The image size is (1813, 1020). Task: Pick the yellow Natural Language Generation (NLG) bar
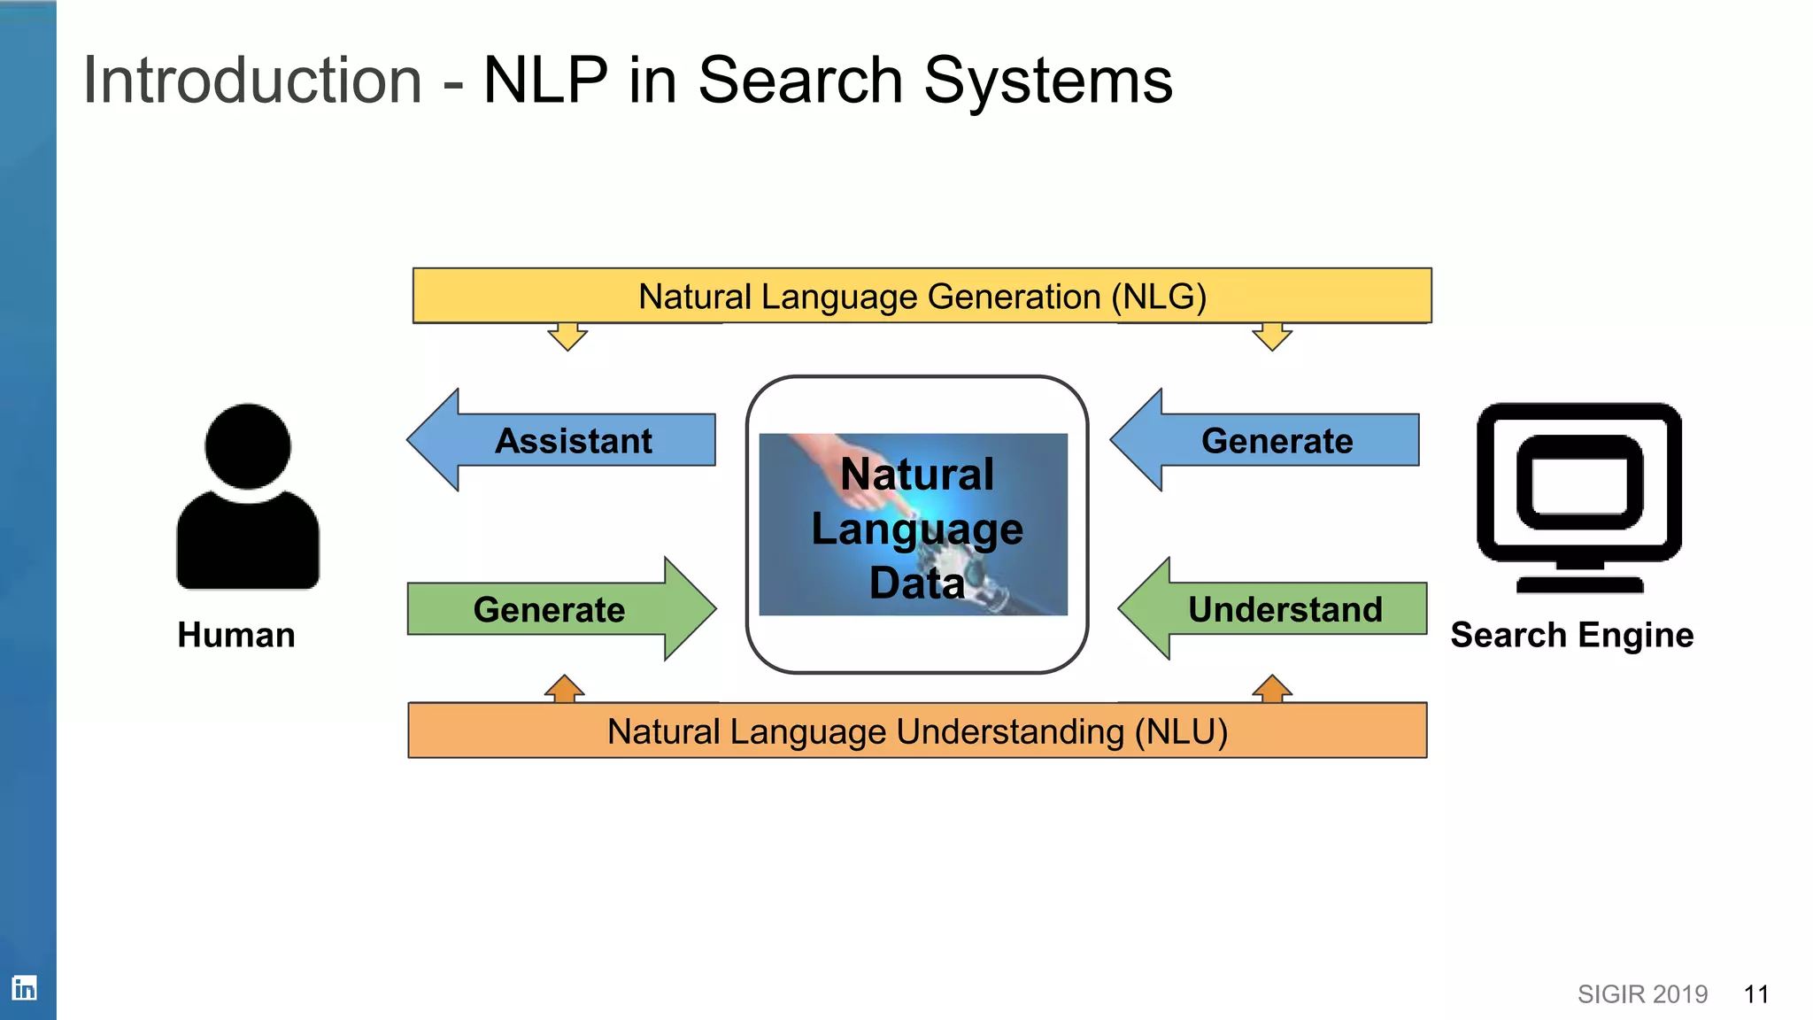coord(922,296)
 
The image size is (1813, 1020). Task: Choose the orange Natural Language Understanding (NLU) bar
coord(917,731)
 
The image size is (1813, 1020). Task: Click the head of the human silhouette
coord(248,445)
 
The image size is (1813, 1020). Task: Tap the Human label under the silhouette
coord(235,635)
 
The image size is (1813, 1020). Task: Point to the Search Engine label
coord(1571,635)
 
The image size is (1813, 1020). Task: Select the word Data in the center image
coord(916,583)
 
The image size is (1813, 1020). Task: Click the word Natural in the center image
coord(917,474)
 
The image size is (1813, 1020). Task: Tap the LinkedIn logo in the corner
coord(24,987)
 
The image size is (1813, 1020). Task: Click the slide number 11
coord(1755,994)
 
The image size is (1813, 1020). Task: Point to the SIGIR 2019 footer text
coord(1642,994)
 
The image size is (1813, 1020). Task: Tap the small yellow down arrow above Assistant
coord(567,336)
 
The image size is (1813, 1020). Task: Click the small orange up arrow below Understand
coord(1272,689)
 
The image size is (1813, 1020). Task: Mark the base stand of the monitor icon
coord(1579,583)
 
